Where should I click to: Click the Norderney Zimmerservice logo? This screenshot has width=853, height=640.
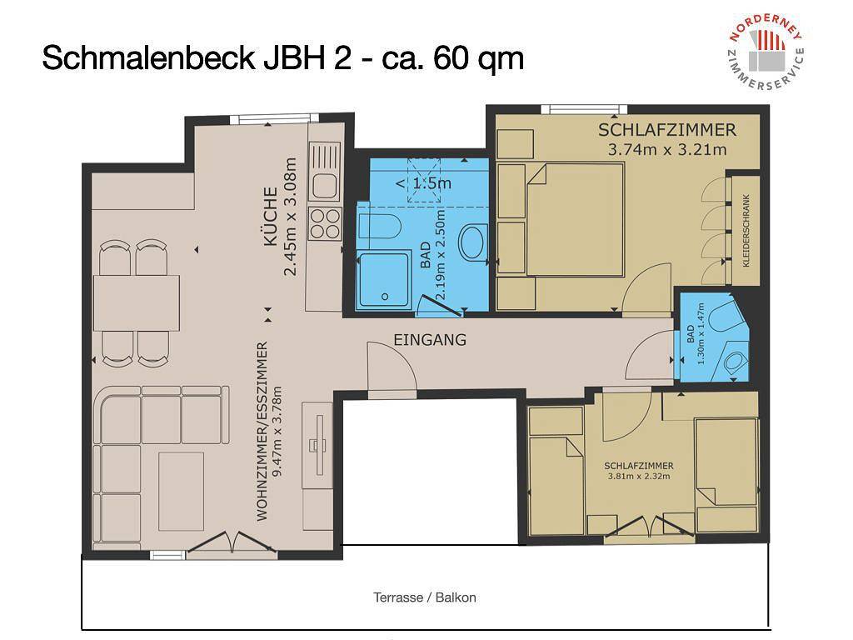[x=766, y=55]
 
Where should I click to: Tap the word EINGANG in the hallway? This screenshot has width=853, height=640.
[x=429, y=340]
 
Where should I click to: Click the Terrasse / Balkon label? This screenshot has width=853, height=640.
[x=425, y=597]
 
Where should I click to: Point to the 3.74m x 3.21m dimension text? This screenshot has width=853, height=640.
[x=667, y=150]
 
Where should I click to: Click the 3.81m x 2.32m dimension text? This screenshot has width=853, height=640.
[x=638, y=477]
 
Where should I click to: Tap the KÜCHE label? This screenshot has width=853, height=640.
[x=271, y=216]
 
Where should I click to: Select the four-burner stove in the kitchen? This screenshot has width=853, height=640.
[x=325, y=222]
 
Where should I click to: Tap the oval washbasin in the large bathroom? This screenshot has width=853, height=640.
[x=473, y=242]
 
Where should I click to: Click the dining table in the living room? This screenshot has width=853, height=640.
[x=137, y=302]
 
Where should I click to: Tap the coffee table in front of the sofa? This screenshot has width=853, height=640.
[x=181, y=491]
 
